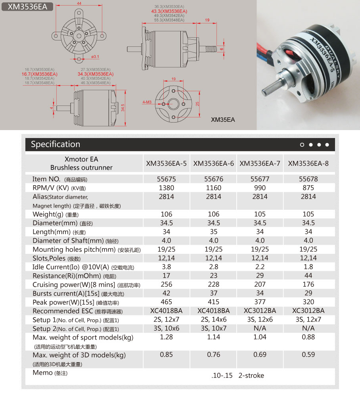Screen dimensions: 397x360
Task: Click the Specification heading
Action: tap(56, 144)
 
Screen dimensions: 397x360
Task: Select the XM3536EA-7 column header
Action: tap(260, 163)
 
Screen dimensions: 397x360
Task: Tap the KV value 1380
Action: tap(167, 188)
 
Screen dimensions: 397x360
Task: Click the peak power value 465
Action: tap(167, 302)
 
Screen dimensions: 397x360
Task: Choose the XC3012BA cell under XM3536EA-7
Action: tap(260, 311)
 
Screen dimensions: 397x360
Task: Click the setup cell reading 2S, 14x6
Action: tap(213, 320)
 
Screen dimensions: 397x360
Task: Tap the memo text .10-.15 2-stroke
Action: tap(237, 375)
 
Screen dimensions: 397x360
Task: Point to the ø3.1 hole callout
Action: tap(95, 57)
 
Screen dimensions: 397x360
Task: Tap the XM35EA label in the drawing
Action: tap(223, 119)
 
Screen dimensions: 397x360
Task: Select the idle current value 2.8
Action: tap(213, 267)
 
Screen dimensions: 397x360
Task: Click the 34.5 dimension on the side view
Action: tap(123, 107)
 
